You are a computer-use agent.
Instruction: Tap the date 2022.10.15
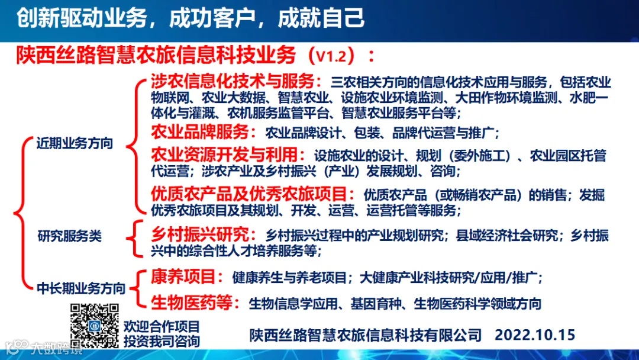[x=535, y=335]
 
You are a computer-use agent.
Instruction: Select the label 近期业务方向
[x=74, y=143]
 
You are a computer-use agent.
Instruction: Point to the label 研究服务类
[x=70, y=236]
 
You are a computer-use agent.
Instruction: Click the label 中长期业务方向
[x=81, y=288]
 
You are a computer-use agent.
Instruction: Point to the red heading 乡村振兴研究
[x=201, y=234]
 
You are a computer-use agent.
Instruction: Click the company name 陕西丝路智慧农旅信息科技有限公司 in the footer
[x=366, y=335]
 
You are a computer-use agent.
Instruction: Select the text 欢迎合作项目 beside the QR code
[x=162, y=326]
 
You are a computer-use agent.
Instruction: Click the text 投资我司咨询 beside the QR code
[x=162, y=341]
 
